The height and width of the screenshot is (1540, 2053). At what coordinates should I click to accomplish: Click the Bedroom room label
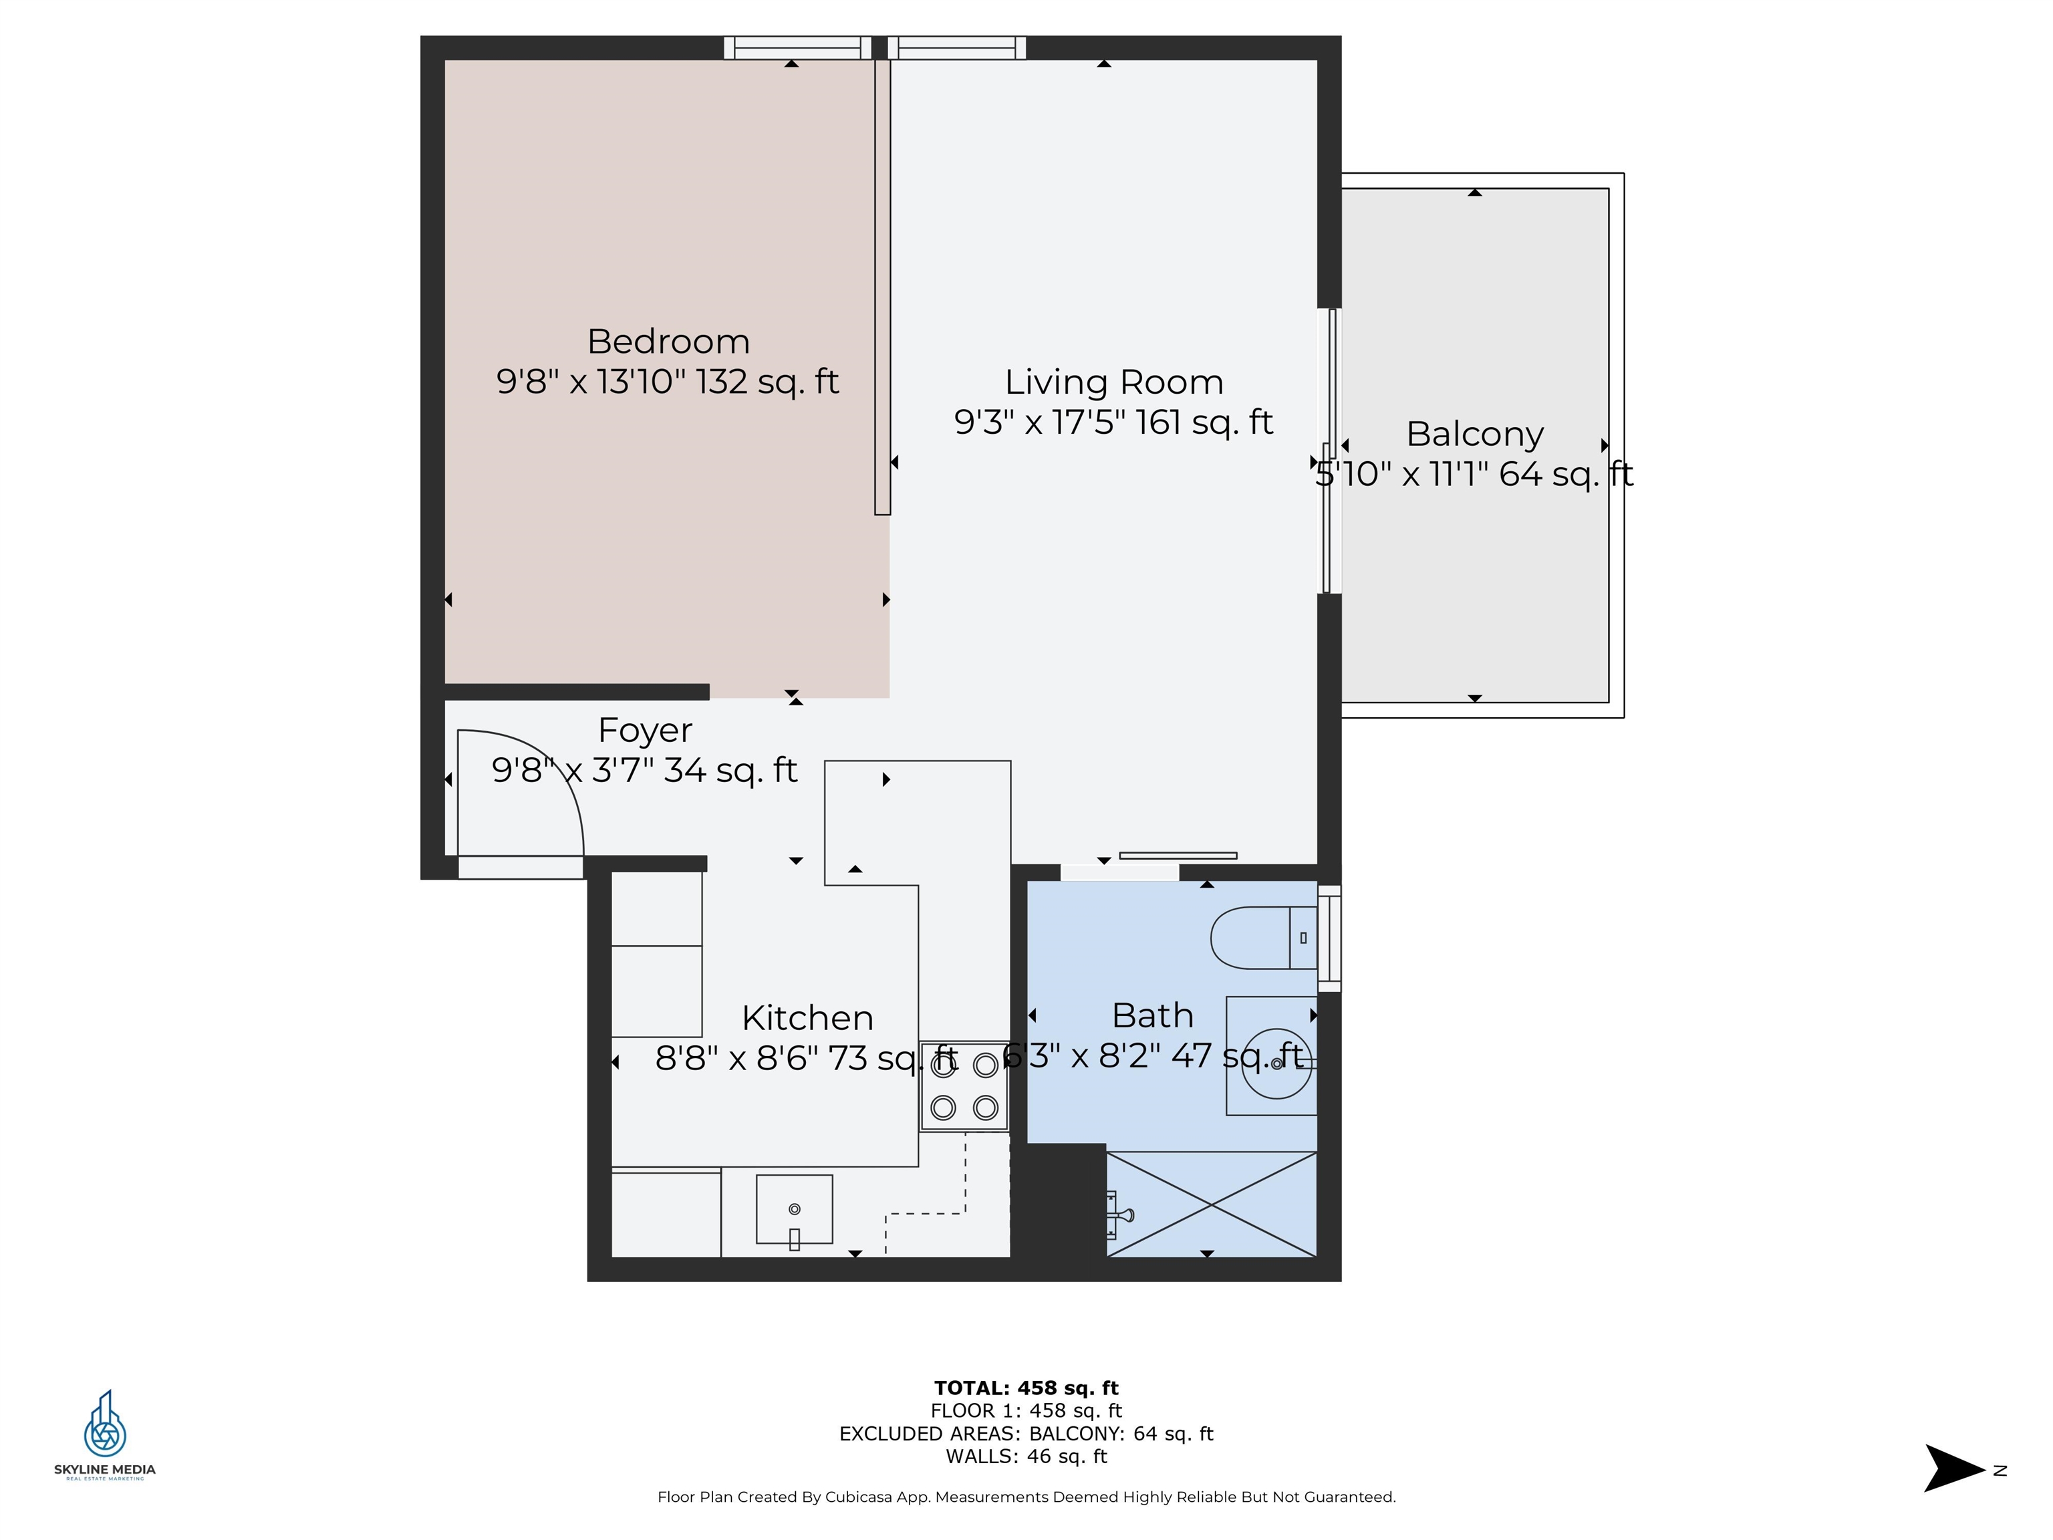pyautogui.click(x=668, y=342)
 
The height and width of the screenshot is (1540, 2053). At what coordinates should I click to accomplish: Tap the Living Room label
pyautogui.click(x=1114, y=382)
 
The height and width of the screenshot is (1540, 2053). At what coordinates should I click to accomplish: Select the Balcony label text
pyautogui.click(x=1475, y=434)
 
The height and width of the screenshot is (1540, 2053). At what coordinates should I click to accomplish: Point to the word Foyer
pyautogui.click(x=645, y=731)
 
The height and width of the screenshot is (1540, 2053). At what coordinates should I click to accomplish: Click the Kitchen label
pyautogui.click(x=807, y=1019)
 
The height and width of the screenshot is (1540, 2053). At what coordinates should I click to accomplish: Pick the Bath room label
pyautogui.click(x=1153, y=1015)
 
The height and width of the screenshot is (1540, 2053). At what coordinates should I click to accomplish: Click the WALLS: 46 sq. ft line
pyautogui.click(x=1026, y=1456)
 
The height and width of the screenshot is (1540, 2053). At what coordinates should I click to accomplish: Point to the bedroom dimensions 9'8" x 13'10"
pyautogui.click(x=591, y=382)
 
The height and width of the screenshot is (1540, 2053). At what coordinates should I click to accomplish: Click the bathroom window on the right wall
pyautogui.click(x=1329, y=938)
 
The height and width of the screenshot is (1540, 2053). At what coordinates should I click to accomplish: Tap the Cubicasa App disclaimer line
pyautogui.click(x=1026, y=1497)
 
